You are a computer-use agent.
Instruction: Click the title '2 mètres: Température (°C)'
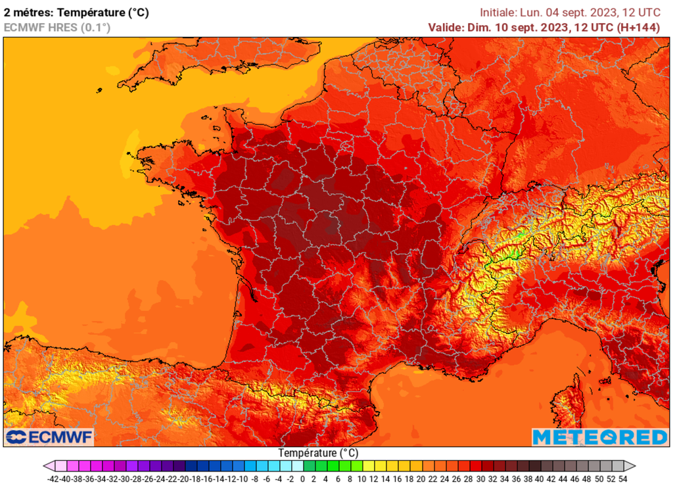[76, 12]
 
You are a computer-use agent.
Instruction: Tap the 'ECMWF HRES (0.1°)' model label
[57, 27]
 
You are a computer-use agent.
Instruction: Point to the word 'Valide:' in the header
[446, 27]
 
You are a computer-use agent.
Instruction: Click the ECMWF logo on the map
[49, 437]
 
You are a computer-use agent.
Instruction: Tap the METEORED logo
[599, 437]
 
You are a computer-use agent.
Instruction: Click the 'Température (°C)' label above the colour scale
[318, 453]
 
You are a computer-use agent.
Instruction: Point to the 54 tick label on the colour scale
[622, 479]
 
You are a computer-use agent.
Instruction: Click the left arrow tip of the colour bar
[46, 466]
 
